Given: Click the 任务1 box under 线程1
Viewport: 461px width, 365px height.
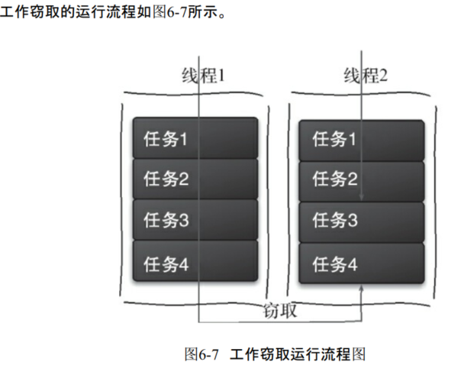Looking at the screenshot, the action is (195, 138).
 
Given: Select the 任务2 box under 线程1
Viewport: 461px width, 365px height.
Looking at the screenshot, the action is (195, 179).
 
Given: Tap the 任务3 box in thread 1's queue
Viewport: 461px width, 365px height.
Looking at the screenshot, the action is (195, 221).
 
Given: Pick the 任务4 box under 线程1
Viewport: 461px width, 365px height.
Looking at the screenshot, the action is (195, 262).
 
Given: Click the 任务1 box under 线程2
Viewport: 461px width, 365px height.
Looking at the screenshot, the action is (361, 139).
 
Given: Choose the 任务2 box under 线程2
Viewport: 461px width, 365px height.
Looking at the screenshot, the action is (361, 180).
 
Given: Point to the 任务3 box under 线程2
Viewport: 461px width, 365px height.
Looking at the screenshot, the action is (361, 221).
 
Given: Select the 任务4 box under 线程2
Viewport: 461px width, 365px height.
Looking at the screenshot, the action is (361, 263).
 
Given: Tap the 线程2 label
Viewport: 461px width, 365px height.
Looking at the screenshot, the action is (365, 76).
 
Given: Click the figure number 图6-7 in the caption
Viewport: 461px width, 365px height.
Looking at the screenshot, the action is (202, 354).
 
